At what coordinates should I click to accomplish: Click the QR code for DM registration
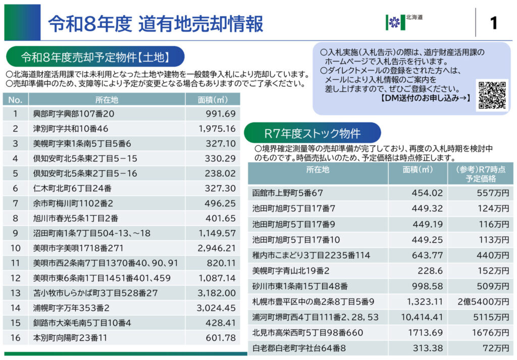coord(492,95)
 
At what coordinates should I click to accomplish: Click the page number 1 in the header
coord(493,23)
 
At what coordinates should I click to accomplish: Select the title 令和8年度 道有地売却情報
coord(156,24)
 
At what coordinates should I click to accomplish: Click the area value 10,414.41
coord(422,317)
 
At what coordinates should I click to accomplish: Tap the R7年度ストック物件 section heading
coord(312,133)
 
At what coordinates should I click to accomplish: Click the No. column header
coord(15,99)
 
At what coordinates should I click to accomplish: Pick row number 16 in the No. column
coord(15,337)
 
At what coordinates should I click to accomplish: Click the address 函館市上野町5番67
coord(287,192)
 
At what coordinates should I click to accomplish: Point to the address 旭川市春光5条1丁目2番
coord(76,218)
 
